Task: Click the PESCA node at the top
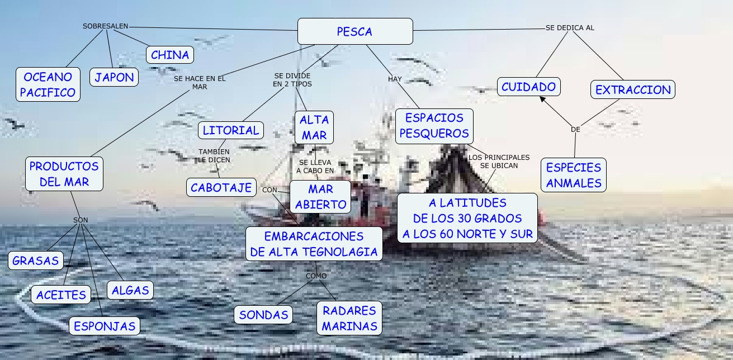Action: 355,31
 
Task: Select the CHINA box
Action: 170,55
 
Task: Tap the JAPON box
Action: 114,77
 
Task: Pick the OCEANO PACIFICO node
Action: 48,84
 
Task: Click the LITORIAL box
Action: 230,130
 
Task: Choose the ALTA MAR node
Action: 314,127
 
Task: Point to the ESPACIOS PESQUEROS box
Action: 434,125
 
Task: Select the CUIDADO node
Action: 528,87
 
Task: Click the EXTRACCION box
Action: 633,89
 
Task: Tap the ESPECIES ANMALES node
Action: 574,174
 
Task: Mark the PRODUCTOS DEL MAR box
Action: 64,173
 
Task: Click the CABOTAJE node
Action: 221,187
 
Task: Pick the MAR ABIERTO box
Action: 320,196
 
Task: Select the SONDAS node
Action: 263,315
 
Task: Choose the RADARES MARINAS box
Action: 349,318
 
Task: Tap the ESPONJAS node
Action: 105,325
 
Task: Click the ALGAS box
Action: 130,290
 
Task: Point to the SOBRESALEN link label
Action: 106,26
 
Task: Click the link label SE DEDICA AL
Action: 570,27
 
